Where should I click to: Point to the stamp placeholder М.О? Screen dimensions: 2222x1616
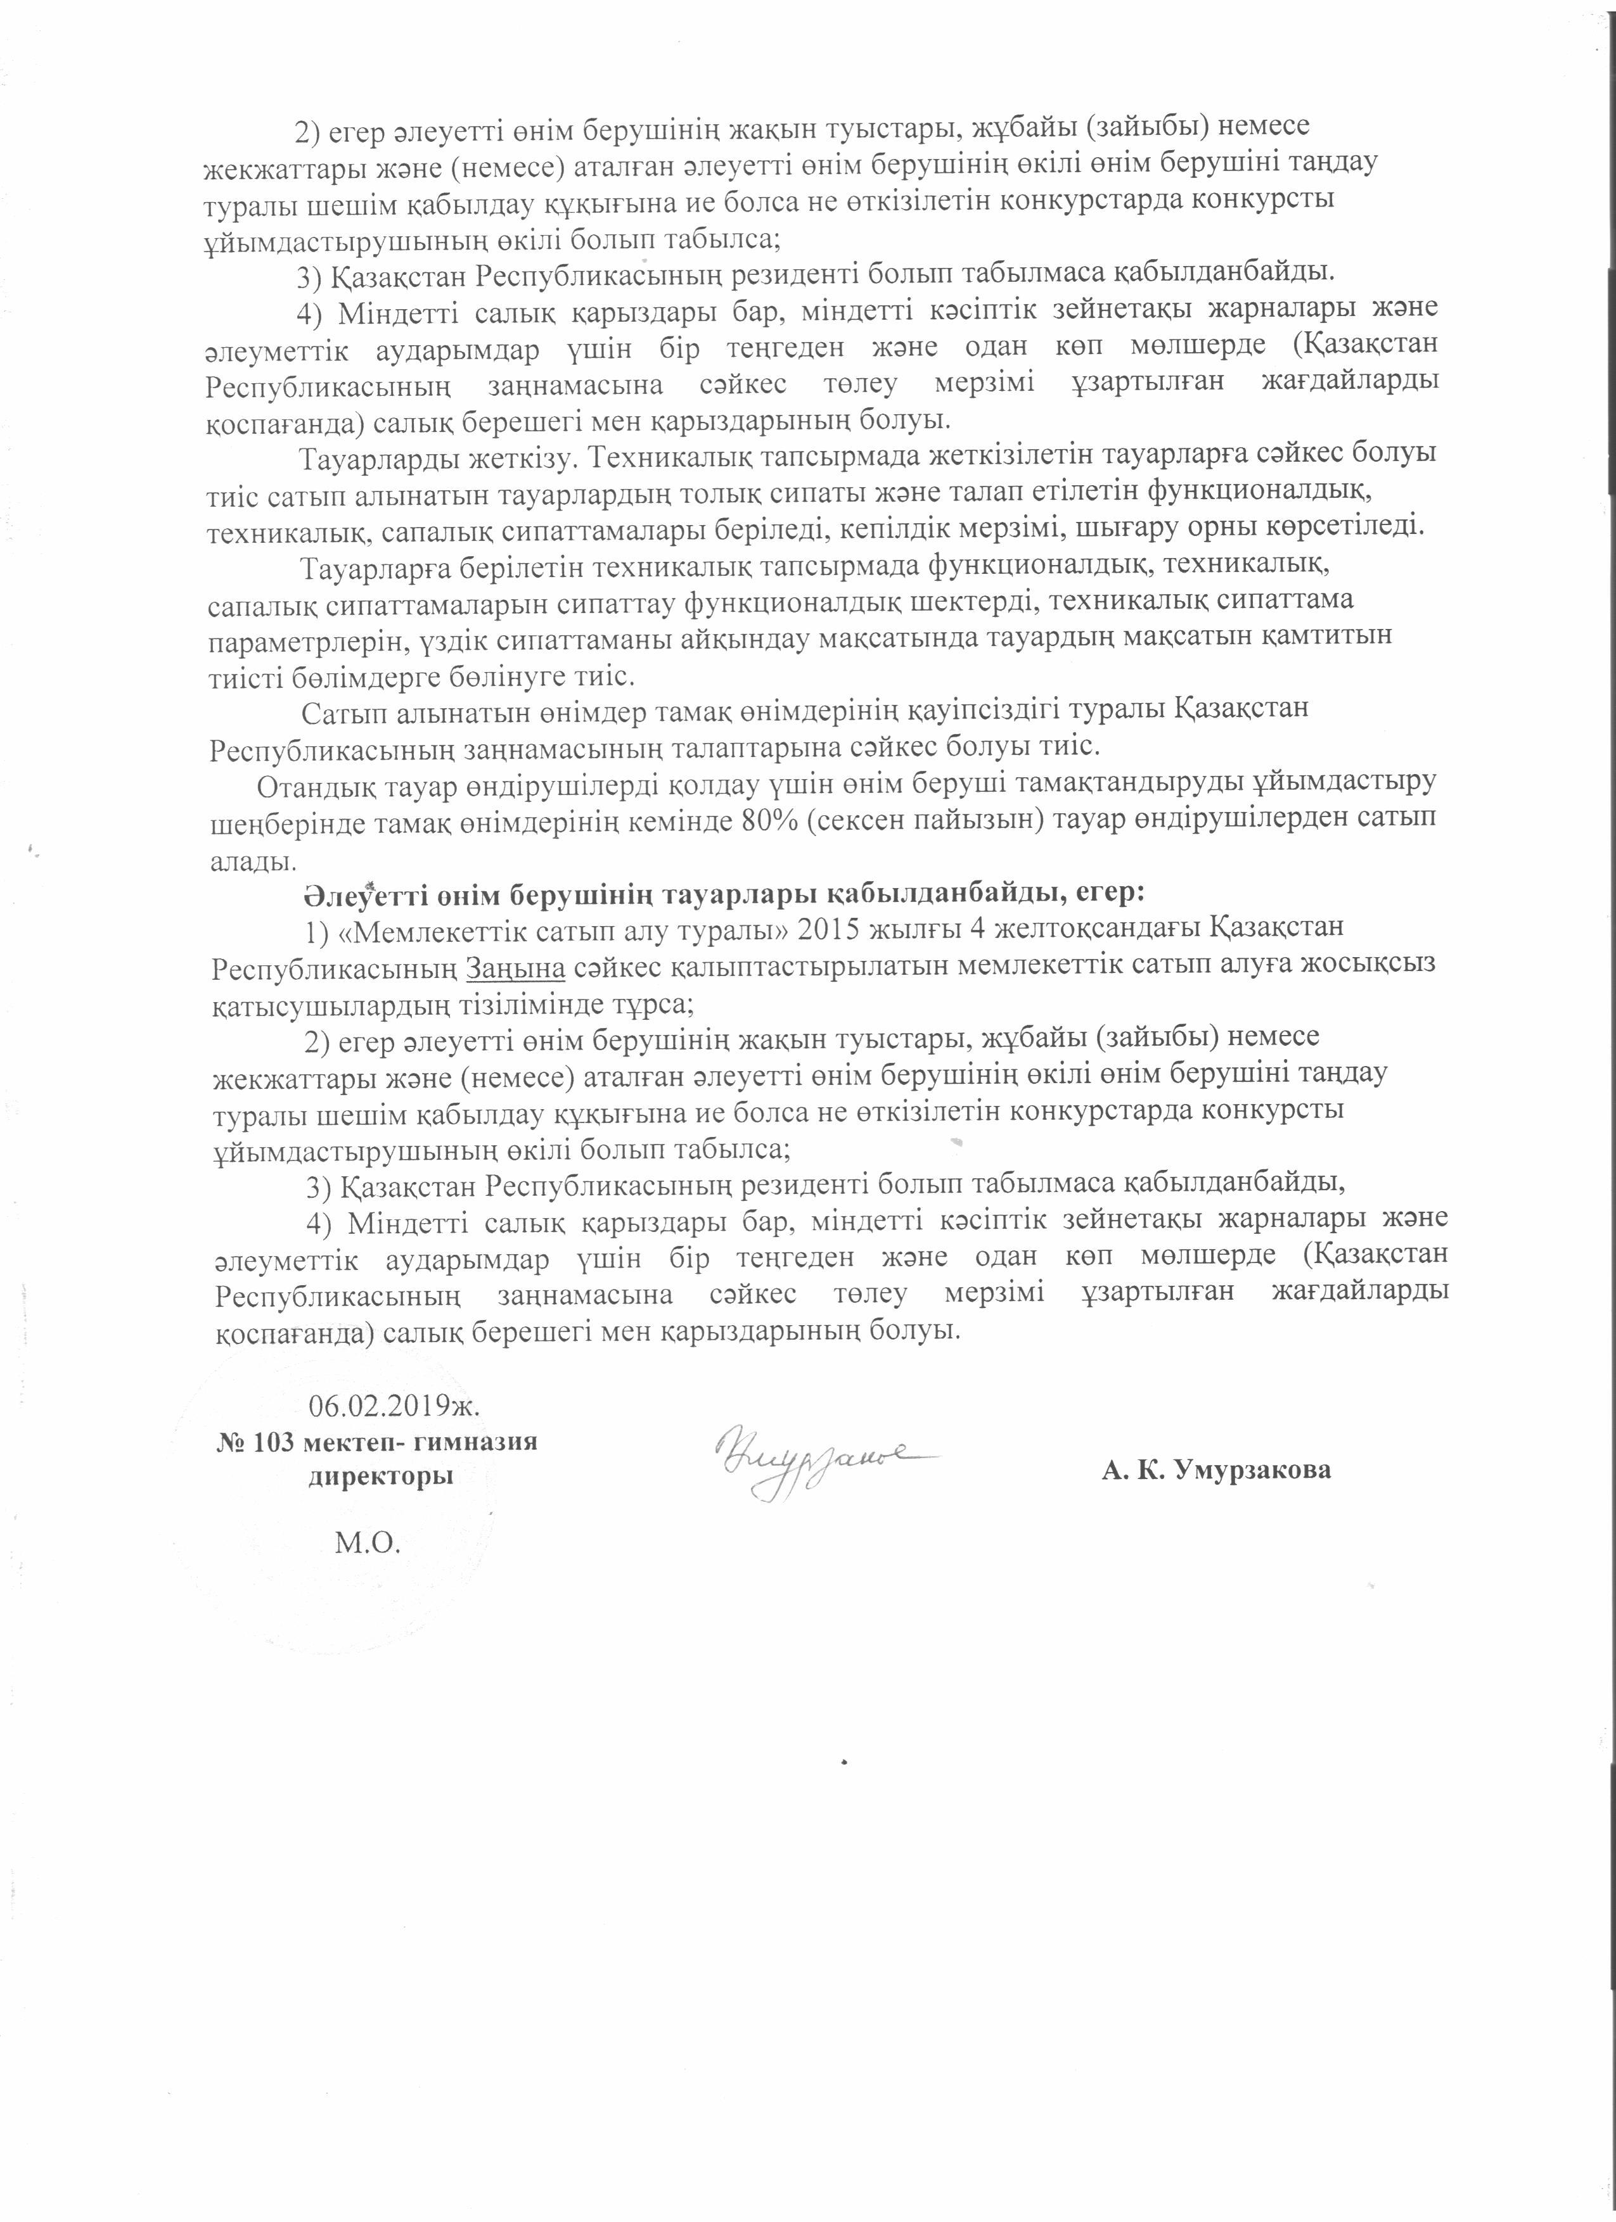[x=368, y=1544]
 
